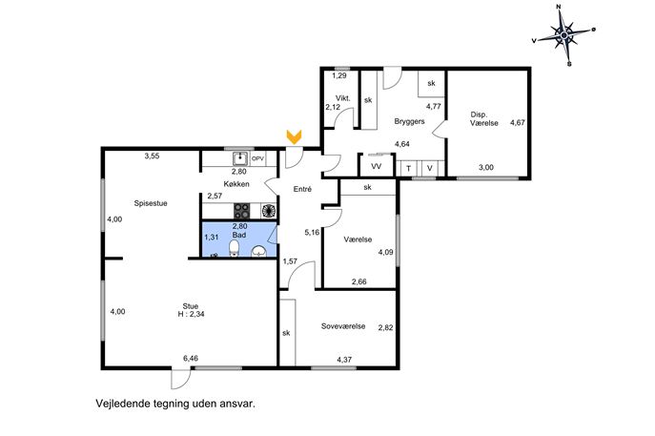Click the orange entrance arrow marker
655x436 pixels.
pyautogui.click(x=294, y=137)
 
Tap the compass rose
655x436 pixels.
pyautogui.click(x=564, y=35)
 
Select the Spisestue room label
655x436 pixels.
pyautogui.click(x=151, y=203)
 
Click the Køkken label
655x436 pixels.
pyautogui.click(x=236, y=184)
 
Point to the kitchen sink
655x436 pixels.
pyautogui.click(x=240, y=159)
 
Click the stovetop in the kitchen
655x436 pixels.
pyautogui.click(x=242, y=211)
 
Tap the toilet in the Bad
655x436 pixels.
pyautogui.click(x=235, y=248)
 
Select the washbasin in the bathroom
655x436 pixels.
pyautogui.click(x=259, y=251)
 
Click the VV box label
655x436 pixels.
pyautogui.click(x=377, y=166)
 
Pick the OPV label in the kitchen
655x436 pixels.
pyautogui.click(x=257, y=159)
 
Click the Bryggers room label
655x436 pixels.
pyautogui.click(x=409, y=121)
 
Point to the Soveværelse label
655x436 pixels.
pyautogui.click(x=343, y=326)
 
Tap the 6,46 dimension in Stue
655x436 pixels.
pyautogui.click(x=191, y=359)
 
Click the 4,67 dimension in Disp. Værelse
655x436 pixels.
pyautogui.click(x=517, y=122)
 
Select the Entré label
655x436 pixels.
pyautogui.click(x=302, y=189)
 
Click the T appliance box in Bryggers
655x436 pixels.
pyautogui.click(x=408, y=169)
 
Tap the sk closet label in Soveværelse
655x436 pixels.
pyautogui.click(x=286, y=333)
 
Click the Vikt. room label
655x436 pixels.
pyautogui.click(x=343, y=98)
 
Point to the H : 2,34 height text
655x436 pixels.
pyautogui.click(x=191, y=314)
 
